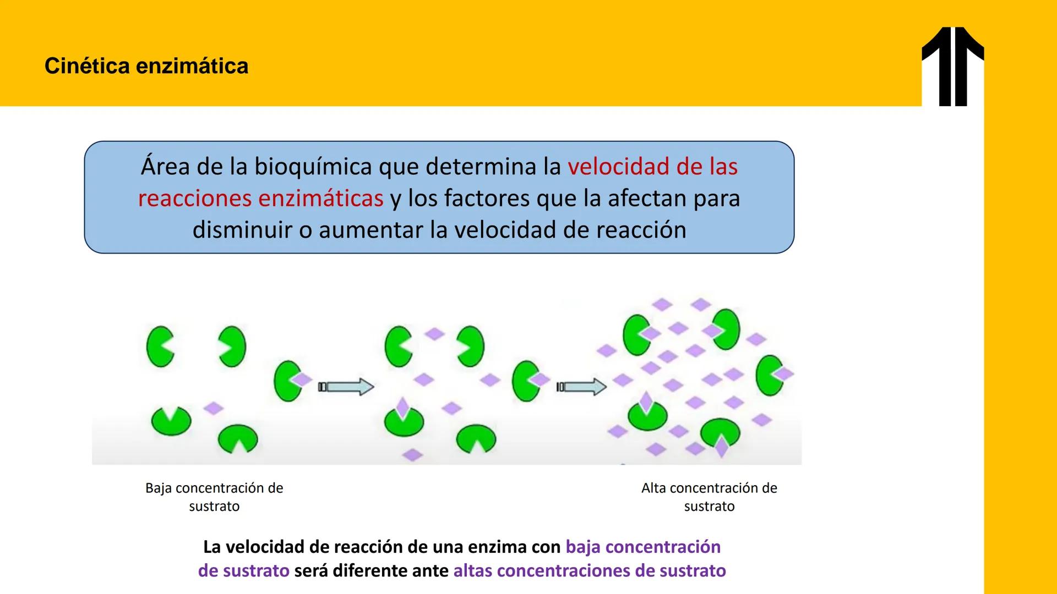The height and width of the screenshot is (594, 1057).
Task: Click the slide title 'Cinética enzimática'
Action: pos(146,66)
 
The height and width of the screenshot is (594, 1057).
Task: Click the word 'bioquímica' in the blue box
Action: pos(313,167)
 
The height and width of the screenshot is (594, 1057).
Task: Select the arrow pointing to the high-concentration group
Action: pos(581,387)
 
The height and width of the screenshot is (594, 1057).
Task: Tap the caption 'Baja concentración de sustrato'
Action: pos(214,497)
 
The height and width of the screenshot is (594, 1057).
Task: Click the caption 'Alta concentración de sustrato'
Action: pos(709,497)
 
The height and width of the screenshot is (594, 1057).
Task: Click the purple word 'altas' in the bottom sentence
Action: pos(472,571)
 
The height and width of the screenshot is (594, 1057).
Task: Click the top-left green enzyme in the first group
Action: pos(160,346)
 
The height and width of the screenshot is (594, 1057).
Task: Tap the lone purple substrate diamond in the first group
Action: pos(214,408)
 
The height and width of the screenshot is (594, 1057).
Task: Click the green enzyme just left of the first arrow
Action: pos(287,381)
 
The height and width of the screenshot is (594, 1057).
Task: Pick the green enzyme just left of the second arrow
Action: pos(526,381)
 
